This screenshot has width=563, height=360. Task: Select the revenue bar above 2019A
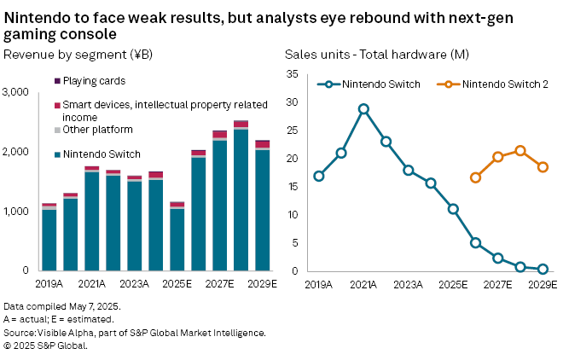(x=49, y=239)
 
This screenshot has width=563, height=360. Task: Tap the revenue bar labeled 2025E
(x=177, y=239)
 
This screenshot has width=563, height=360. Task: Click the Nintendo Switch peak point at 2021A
(x=363, y=109)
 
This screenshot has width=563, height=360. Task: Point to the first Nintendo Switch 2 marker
(x=475, y=177)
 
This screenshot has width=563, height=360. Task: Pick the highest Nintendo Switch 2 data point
(x=520, y=151)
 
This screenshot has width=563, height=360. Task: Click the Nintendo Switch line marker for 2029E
(x=543, y=269)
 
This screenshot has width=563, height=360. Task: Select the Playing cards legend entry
(x=95, y=81)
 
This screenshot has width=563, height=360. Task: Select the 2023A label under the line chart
(x=409, y=284)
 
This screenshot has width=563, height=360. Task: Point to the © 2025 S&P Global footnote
(x=45, y=345)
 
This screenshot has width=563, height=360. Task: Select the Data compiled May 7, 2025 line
(x=62, y=305)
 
